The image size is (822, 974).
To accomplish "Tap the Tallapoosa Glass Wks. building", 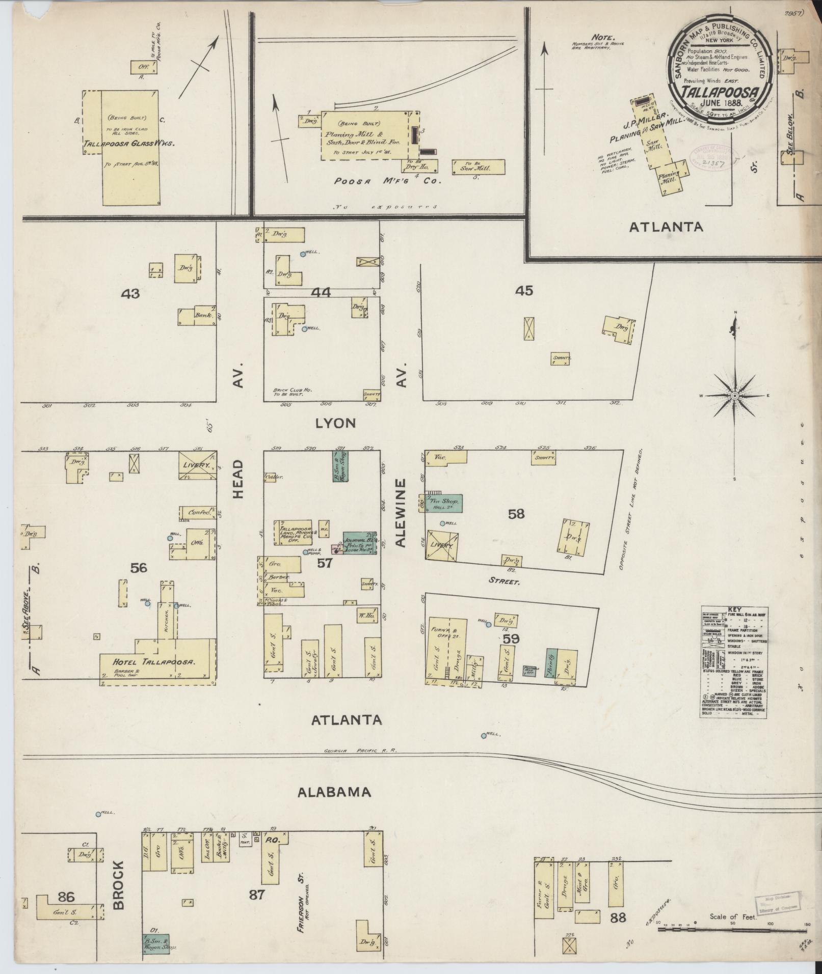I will point(130,148).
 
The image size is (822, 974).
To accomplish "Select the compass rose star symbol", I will point(735,396).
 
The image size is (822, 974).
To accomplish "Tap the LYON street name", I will point(335,423).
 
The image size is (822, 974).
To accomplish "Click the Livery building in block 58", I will point(441,546).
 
